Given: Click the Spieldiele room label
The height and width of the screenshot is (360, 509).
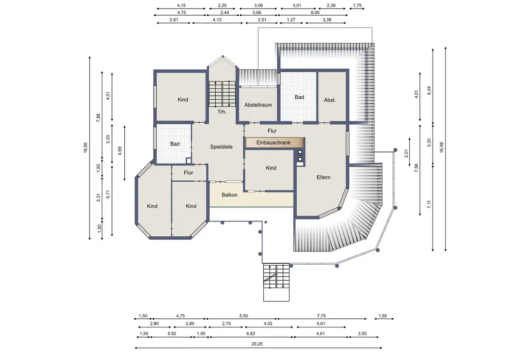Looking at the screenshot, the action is [221, 147].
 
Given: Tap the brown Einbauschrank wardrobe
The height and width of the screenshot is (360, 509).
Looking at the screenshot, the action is [274, 143].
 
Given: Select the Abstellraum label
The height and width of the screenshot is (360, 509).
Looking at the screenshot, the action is [258, 105].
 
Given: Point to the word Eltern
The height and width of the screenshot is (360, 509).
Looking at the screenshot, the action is [323, 177].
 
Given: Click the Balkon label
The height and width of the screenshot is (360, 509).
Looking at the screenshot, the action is [230, 195].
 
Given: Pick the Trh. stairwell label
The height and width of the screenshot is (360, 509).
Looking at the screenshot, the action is [222, 112].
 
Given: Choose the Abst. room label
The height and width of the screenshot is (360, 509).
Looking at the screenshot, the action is [329, 100].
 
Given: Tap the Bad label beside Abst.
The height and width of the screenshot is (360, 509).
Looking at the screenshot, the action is [299, 97].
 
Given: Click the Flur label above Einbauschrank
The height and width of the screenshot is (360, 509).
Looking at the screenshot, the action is [272, 131].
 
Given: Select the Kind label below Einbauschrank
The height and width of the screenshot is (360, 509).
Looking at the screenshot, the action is [271, 168].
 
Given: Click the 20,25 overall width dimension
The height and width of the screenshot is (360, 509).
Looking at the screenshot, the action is [257, 344].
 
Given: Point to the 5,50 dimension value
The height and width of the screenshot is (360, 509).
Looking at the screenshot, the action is [243, 316].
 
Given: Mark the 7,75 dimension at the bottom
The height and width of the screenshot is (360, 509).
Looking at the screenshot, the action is [321, 316].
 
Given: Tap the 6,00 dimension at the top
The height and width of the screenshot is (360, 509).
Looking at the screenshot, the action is [315, 13].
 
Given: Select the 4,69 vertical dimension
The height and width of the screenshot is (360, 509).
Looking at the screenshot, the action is [120, 151].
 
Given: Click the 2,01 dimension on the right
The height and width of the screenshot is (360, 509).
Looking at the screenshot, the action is [406, 154].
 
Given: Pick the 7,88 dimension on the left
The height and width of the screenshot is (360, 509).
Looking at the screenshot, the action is [98, 118].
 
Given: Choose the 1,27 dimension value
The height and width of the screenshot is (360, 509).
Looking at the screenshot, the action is [291, 20].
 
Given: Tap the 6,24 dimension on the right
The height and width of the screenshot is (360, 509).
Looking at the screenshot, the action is [429, 90].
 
